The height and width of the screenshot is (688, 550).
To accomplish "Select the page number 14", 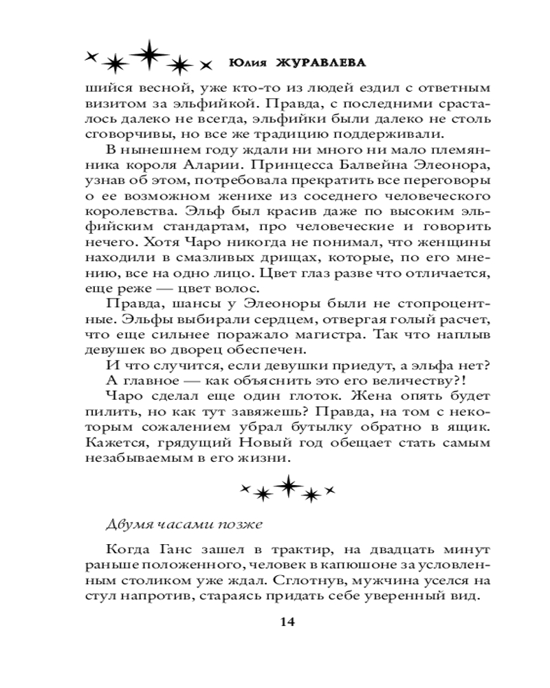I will (287, 622).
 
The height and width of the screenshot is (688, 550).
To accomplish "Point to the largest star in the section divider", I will (288, 486).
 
